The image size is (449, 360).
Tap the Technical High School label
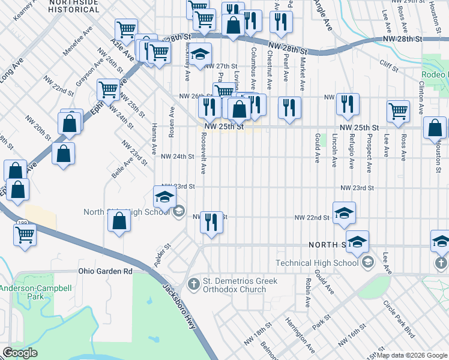[317, 263]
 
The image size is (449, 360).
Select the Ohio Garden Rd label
[105, 271]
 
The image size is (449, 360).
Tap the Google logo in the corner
[20, 353]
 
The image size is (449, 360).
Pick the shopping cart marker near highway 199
[25, 234]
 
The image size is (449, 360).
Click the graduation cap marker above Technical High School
[357, 241]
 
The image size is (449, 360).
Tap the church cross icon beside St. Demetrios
[193, 283]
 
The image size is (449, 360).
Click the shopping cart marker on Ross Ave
[398, 111]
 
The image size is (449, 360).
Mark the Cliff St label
[388, 62]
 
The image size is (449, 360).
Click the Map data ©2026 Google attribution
[412, 355]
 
